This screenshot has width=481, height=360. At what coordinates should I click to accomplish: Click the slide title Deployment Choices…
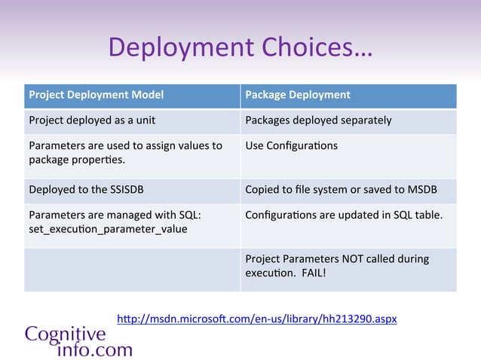click(240, 47)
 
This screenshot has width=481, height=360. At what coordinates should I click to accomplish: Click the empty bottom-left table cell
click(132, 269)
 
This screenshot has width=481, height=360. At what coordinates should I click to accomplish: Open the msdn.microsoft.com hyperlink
click(256, 319)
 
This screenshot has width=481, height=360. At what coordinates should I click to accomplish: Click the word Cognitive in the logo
click(66, 334)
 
